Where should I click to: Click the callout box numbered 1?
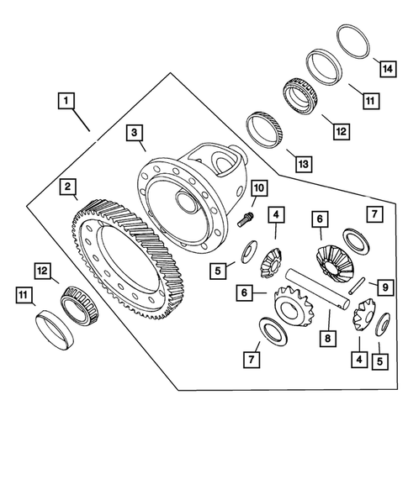point(66,101)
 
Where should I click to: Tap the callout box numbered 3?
point(135,133)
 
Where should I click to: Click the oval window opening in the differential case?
point(220,157)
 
